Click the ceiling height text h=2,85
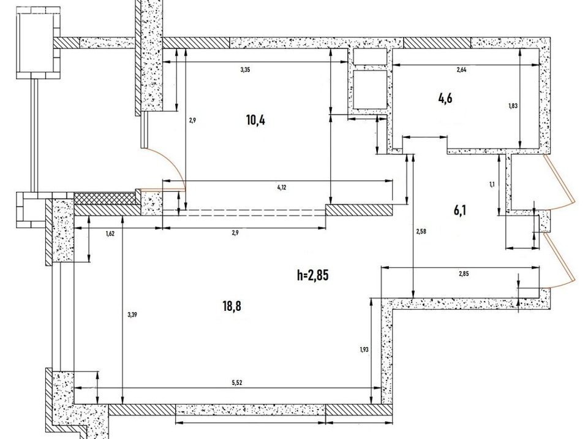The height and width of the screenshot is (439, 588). point(312,275)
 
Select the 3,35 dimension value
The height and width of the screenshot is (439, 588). point(245,70)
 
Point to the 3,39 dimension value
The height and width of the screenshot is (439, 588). point(132,315)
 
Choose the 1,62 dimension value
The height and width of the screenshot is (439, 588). point(110,234)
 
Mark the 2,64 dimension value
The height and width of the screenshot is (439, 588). point(462,70)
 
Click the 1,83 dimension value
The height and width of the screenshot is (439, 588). point(513,105)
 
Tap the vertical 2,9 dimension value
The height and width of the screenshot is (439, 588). point(192,121)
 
